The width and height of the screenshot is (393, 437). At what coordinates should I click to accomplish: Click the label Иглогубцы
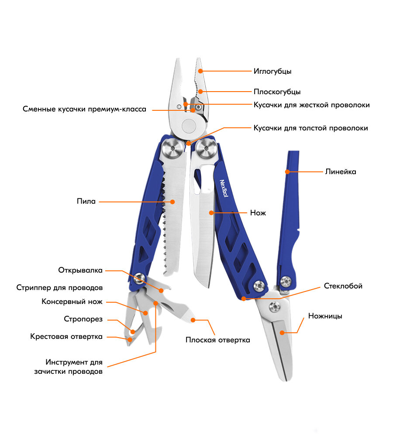click(272, 71)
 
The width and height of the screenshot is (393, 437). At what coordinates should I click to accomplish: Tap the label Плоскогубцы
click(277, 92)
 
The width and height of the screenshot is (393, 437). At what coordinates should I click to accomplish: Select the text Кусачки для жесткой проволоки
click(311, 105)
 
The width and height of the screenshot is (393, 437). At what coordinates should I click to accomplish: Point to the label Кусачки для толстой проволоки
click(310, 128)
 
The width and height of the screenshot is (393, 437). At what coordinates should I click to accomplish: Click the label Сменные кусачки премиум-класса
click(84, 109)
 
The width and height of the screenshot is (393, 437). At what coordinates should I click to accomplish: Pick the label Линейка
click(341, 172)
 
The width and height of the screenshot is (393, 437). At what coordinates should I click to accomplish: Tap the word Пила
click(86, 201)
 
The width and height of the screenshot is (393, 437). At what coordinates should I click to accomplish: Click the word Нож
click(258, 213)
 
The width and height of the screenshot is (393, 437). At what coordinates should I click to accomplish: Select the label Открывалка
click(80, 270)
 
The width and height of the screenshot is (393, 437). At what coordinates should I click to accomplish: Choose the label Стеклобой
click(343, 286)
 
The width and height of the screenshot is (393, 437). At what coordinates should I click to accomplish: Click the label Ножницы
click(325, 316)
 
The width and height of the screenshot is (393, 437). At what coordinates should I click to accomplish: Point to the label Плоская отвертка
click(217, 340)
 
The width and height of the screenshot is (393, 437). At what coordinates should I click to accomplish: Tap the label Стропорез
click(83, 319)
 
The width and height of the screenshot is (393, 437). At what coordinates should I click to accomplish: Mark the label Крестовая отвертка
click(66, 337)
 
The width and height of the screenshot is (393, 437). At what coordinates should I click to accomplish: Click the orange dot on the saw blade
click(172, 201)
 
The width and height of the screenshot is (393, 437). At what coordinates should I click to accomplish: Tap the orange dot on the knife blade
click(211, 213)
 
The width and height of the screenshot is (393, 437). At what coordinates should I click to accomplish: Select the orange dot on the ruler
click(287, 172)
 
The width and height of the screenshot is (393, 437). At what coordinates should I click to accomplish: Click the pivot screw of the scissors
click(275, 307)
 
